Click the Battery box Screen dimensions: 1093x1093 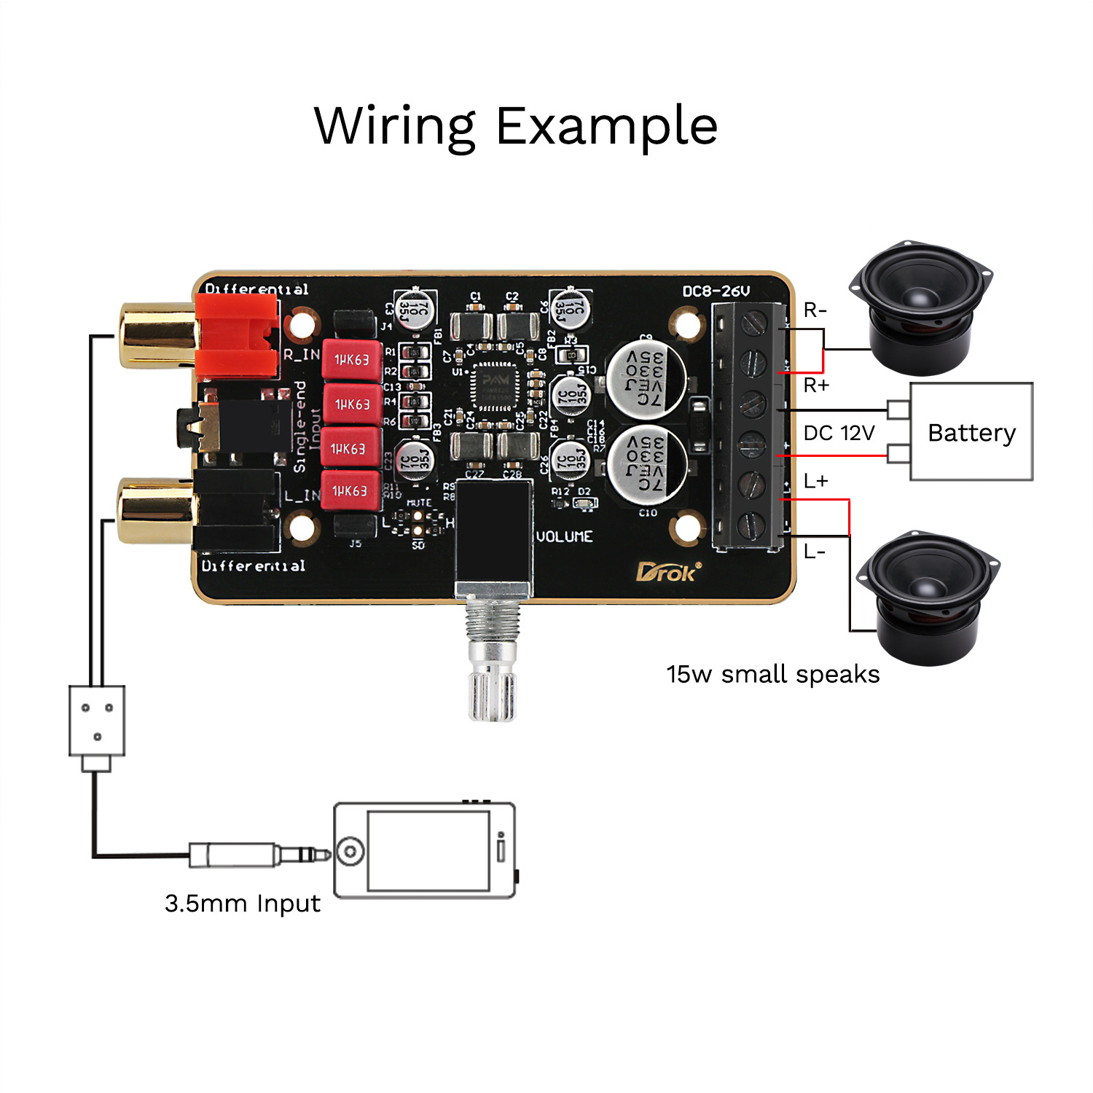point(971,431)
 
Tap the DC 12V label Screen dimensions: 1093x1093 point(839,433)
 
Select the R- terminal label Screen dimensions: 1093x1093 point(815,310)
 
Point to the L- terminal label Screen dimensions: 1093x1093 point(815,552)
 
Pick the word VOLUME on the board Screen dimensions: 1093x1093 point(564,537)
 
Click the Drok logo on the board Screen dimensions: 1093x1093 point(667,572)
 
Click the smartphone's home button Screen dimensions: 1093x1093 point(351,850)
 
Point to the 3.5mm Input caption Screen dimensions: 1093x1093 point(242,904)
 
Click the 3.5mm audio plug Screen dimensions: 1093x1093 point(255,854)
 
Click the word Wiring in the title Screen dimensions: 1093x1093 point(394,127)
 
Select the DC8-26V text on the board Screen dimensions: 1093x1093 point(716,291)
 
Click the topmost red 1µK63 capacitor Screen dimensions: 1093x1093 point(352,359)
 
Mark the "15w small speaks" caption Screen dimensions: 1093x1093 point(772,675)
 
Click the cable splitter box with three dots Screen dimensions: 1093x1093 point(97,720)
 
